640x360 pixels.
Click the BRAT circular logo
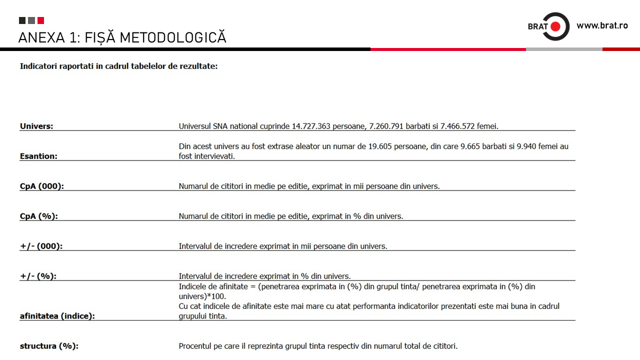pos(555,26)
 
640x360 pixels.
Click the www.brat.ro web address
pos(602,25)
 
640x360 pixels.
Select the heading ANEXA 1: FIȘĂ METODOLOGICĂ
pos(122,37)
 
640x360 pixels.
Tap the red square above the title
pos(40,20)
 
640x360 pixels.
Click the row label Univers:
pos(36,126)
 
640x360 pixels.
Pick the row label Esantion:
pos(38,156)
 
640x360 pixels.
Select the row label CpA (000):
pos(42,186)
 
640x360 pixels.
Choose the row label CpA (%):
pos(39,216)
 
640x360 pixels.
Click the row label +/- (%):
pos(38,276)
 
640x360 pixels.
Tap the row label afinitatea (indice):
pos(57,316)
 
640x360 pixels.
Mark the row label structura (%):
pos(49,346)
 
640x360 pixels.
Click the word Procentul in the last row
pos(196,346)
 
